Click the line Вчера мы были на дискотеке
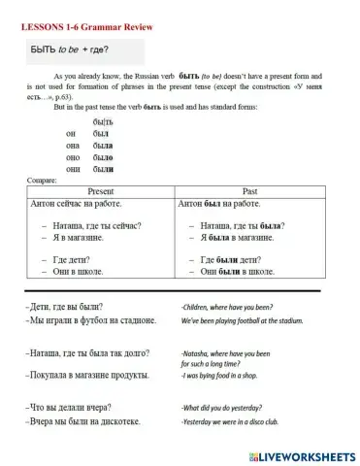coord(85,422)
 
